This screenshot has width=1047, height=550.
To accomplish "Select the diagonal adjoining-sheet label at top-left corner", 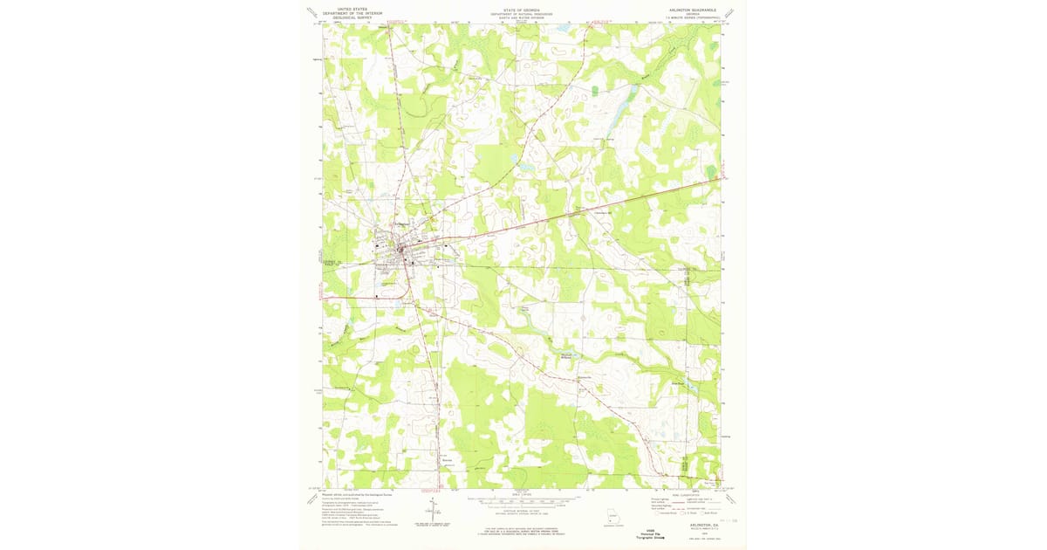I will point(311,13).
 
